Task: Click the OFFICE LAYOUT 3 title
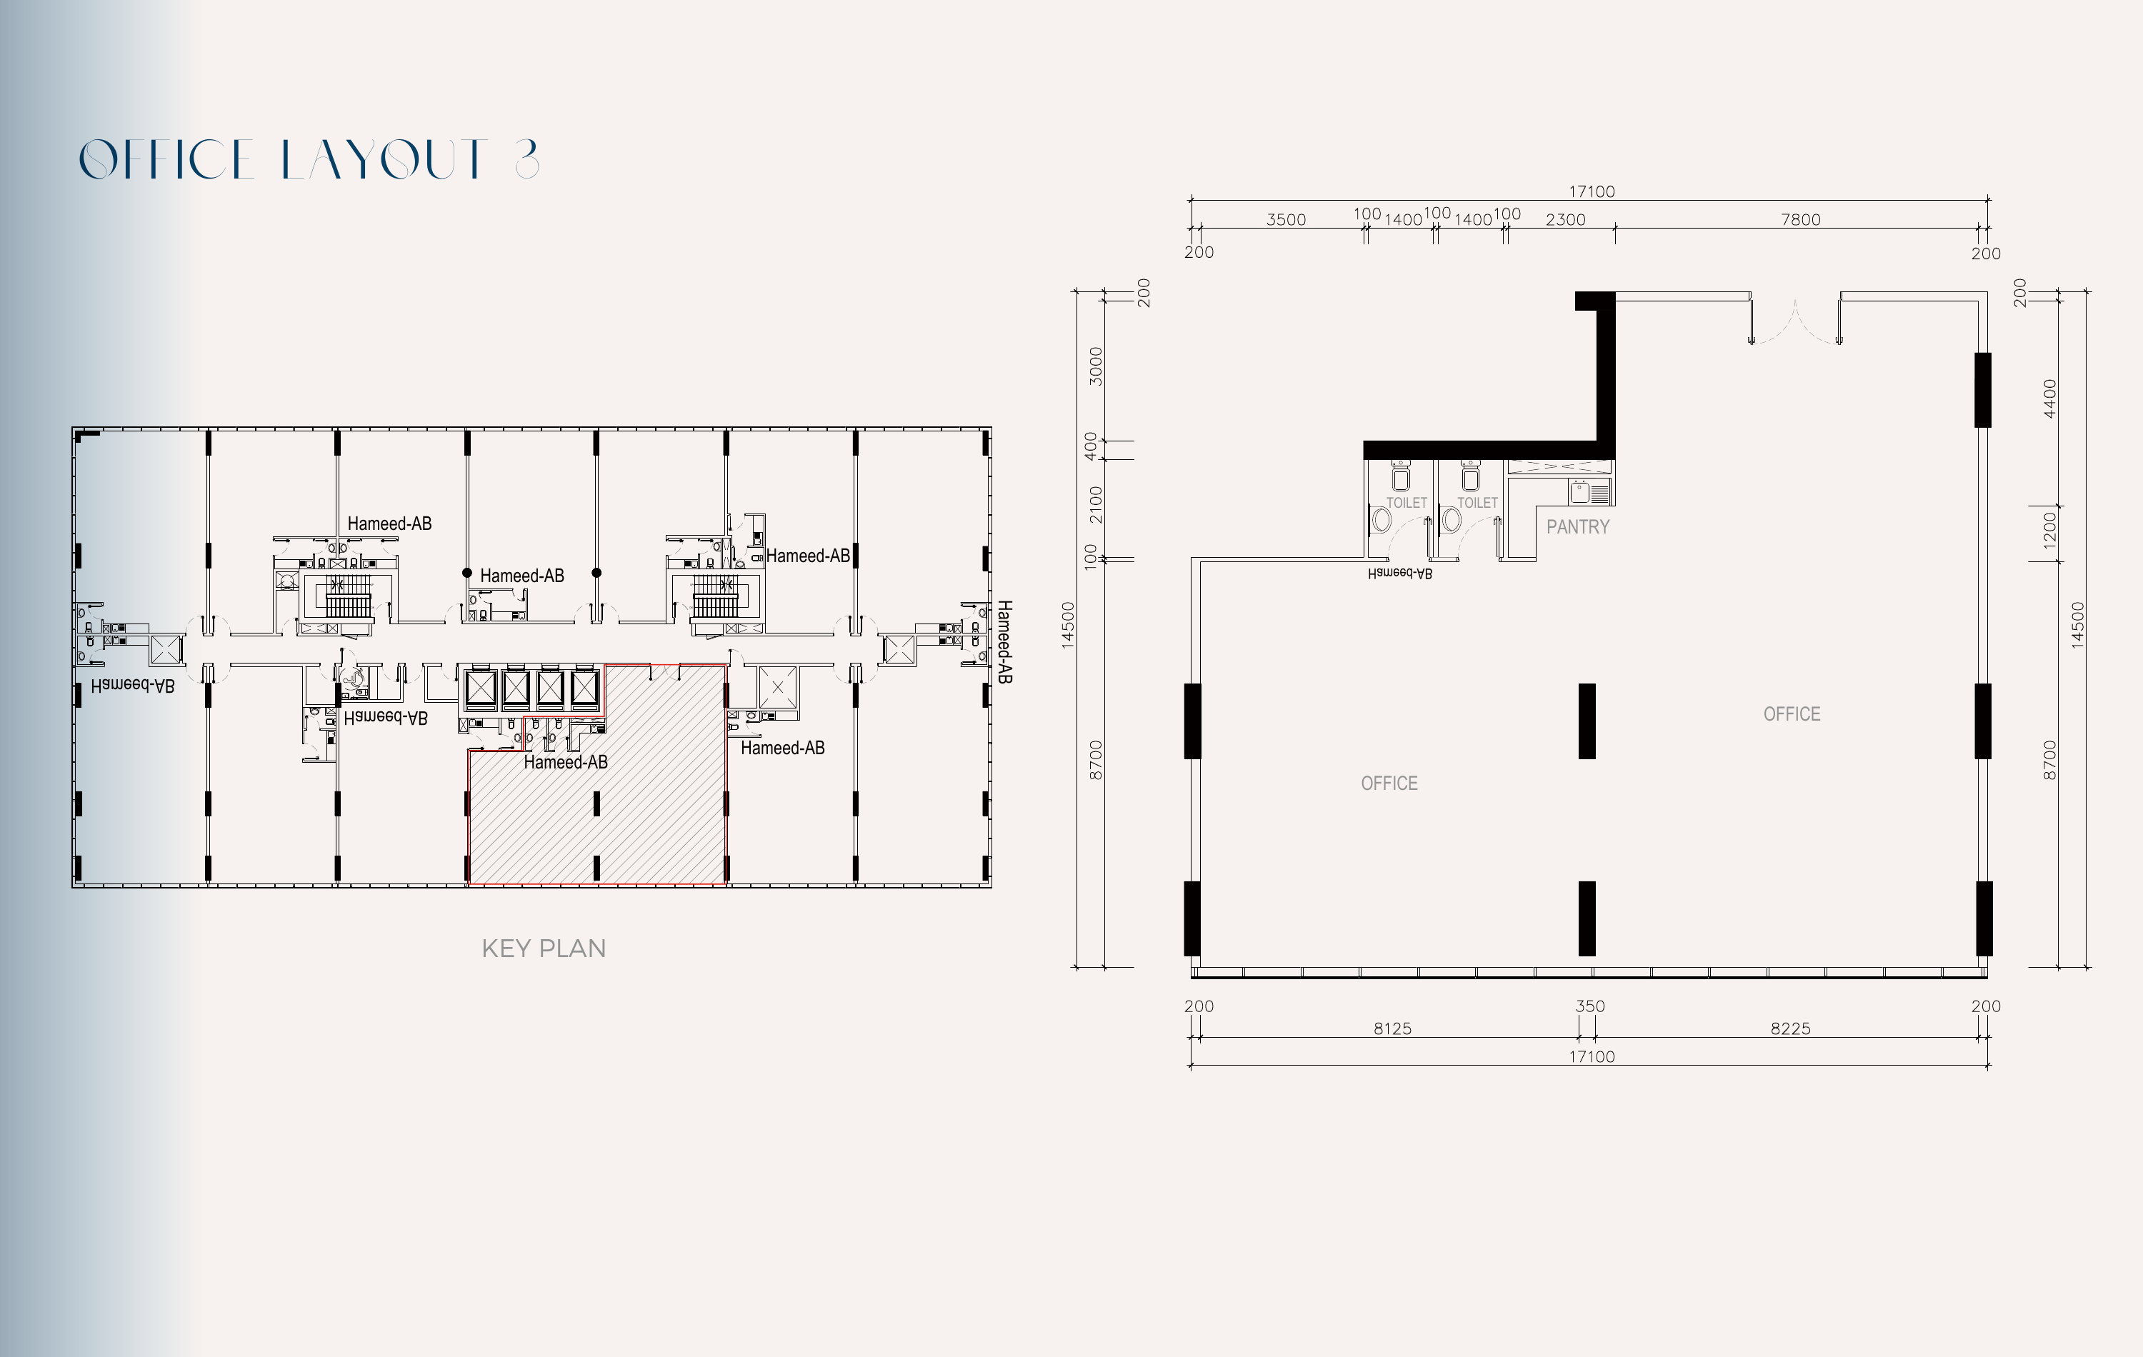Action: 309,160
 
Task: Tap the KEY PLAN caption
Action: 544,948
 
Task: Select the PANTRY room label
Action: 1578,527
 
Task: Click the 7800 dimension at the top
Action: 1800,220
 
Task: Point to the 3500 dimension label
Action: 1286,220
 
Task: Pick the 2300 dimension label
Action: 1565,220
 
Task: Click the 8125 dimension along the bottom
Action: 1392,1028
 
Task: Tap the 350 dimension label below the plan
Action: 1589,1006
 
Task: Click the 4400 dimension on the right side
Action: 2049,398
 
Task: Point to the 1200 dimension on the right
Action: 2049,531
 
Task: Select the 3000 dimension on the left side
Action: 1096,366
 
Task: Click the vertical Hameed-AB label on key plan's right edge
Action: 1004,641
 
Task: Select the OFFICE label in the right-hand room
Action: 1792,713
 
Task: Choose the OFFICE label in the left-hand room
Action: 1389,783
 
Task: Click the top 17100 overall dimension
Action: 1592,191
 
